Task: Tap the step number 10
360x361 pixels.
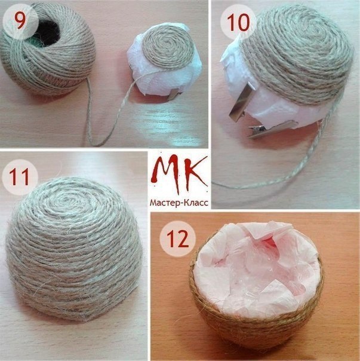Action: (238, 22)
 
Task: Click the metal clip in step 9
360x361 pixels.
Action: (175, 93)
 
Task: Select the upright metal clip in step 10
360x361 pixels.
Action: (241, 100)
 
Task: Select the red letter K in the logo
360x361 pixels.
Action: (195, 171)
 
